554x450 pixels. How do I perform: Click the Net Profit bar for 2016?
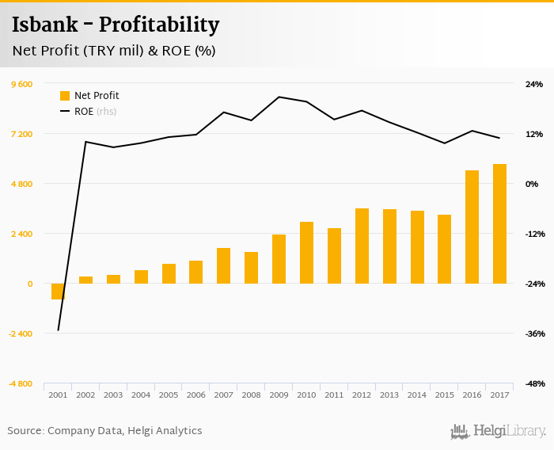(x=472, y=227)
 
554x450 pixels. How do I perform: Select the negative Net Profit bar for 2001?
(x=58, y=291)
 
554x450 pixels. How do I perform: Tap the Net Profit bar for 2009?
(x=279, y=259)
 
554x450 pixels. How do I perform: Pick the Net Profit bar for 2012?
(x=362, y=246)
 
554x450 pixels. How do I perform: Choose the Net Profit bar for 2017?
(x=499, y=223)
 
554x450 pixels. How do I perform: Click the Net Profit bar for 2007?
(x=223, y=265)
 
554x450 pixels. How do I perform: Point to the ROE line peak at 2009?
(x=279, y=97)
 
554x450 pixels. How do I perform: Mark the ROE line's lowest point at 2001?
(x=58, y=330)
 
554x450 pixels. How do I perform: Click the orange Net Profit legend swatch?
(x=65, y=96)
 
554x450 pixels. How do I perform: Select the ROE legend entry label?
(x=84, y=112)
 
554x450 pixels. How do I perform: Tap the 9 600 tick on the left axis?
(x=21, y=84)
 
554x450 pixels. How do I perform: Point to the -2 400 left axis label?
(x=21, y=334)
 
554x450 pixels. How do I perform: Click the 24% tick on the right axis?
(x=533, y=84)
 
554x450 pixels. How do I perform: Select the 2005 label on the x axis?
(x=169, y=395)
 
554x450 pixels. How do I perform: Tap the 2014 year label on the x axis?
(x=417, y=395)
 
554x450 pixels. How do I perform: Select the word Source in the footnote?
(x=25, y=431)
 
